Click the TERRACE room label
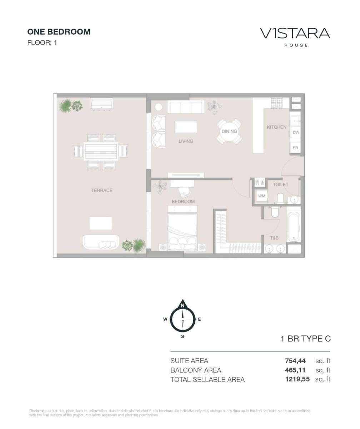point(102,190)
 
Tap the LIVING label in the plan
point(186,141)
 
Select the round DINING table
point(229,131)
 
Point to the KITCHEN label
point(276,127)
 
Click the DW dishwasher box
point(296,132)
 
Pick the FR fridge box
point(295,148)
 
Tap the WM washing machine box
point(261,196)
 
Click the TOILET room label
point(280,184)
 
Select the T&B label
point(274,238)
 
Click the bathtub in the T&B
point(294,227)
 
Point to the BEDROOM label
point(183,202)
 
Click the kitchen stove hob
point(276,103)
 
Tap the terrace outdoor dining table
point(101,152)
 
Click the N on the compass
point(182,306)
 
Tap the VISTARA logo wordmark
point(295,33)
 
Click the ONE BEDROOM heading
point(59,32)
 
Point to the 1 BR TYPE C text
point(306,339)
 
